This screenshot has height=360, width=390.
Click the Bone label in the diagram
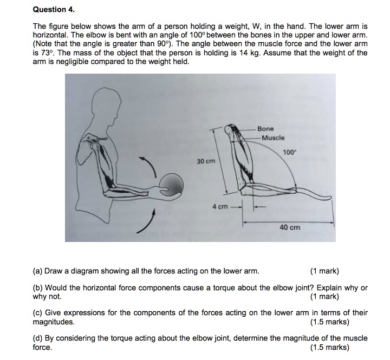265,129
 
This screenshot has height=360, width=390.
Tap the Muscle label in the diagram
273,138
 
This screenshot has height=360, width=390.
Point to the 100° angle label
290,153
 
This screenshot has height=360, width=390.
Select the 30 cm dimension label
205,161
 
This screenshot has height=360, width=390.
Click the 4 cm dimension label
220,206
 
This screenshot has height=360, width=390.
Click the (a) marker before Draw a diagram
38,271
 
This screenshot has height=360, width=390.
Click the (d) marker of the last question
38,338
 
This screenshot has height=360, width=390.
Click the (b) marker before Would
38,288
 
